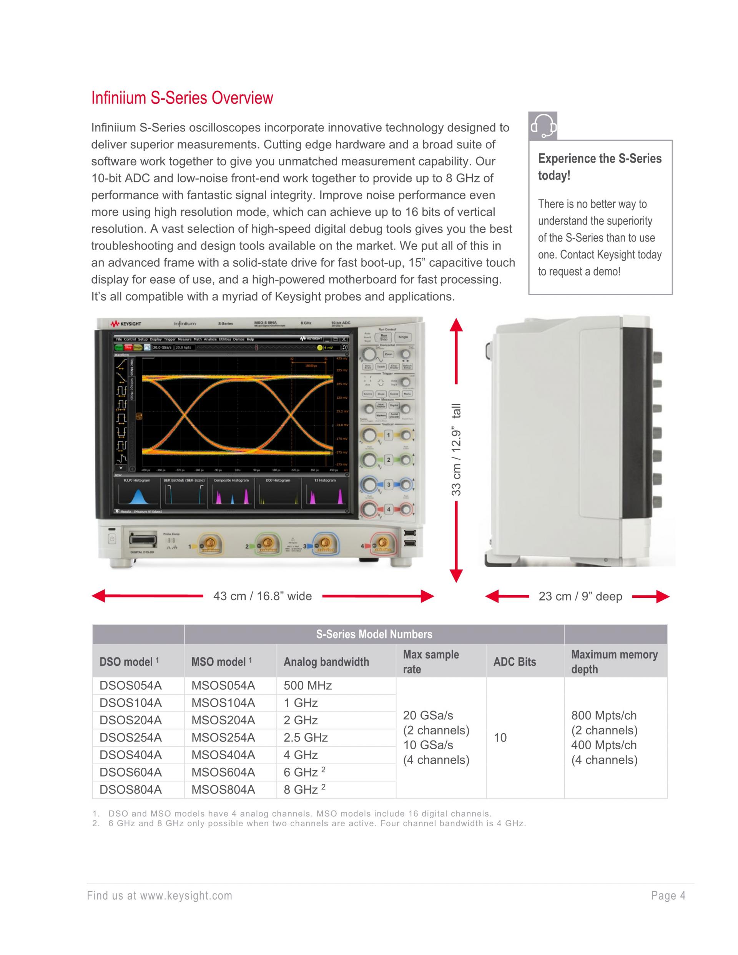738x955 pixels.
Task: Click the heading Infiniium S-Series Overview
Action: (182, 98)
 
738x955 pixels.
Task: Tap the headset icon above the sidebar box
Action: (543, 126)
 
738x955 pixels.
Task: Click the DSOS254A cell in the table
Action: (130, 738)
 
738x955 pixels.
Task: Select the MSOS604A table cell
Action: (223, 772)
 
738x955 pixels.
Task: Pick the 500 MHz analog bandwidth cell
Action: (307, 685)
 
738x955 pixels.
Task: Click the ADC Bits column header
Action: (515, 662)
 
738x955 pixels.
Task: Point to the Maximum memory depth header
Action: (614, 662)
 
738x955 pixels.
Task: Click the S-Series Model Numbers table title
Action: (374, 634)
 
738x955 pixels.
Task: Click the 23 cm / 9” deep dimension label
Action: (580, 596)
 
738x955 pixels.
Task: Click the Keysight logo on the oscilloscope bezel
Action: (126, 324)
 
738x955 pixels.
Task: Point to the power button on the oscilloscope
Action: (111, 539)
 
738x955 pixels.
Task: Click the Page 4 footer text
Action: (668, 895)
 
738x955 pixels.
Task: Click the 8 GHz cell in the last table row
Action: (301, 790)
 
